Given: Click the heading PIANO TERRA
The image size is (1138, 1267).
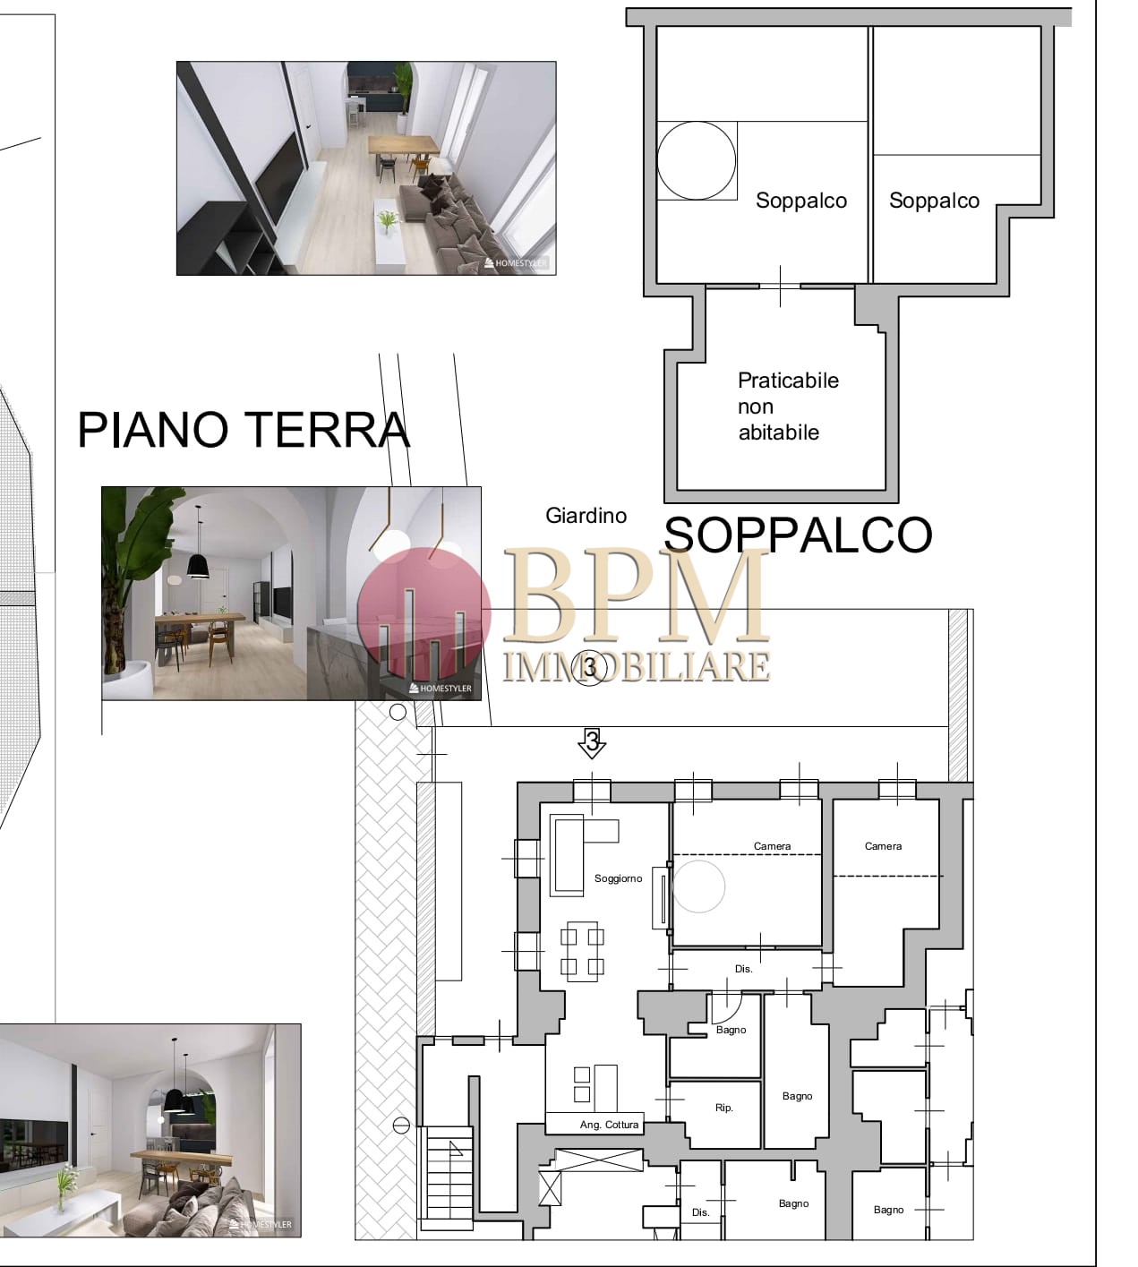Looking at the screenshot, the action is [x=244, y=430].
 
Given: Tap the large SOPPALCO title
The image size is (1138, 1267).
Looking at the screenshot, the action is [x=798, y=535].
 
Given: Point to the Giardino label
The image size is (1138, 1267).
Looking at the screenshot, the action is [x=586, y=515].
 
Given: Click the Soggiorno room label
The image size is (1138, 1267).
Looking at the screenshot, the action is [x=618, y=878].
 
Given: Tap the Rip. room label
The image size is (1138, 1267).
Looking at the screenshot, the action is [x=723, y=1108].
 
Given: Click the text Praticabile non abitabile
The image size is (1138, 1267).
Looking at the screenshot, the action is [x=788, y=407].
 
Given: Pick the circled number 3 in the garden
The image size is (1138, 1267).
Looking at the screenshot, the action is [x=590, y=668].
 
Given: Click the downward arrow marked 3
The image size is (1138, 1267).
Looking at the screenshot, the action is [x=592, y=743].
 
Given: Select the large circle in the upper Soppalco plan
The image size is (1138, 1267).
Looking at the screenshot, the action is [x=696, y=160].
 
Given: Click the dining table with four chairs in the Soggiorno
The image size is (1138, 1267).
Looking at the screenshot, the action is [x=581, y=951].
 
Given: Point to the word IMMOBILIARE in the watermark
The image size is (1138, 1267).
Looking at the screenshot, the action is [x=637, y=666].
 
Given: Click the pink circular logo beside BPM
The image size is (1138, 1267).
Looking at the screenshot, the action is [x=424, y=614].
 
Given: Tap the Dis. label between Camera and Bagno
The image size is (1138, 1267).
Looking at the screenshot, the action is [x=743, y=970].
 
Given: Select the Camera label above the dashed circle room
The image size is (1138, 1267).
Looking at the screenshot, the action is [x=772, y=846].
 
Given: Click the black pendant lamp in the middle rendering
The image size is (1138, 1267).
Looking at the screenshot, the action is [x=198, y=563].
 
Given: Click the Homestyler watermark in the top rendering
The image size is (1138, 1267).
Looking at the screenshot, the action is [x=516, y=262].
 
